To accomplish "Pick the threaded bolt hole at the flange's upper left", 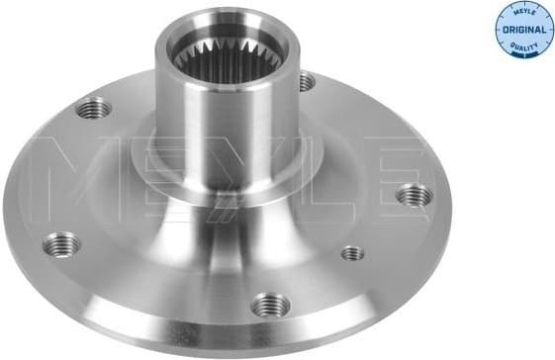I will pyautogui.click(x=95, y=106).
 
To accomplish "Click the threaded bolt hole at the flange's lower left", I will pyautogui.click(x=61, y=243).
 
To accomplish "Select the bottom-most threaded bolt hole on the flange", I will pyautogui.click(x=270, y=306).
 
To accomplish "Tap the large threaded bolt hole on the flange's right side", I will pyautogui.click(x=414, y=197).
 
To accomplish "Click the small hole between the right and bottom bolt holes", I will pyautogui.click(x=352, y=253).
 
